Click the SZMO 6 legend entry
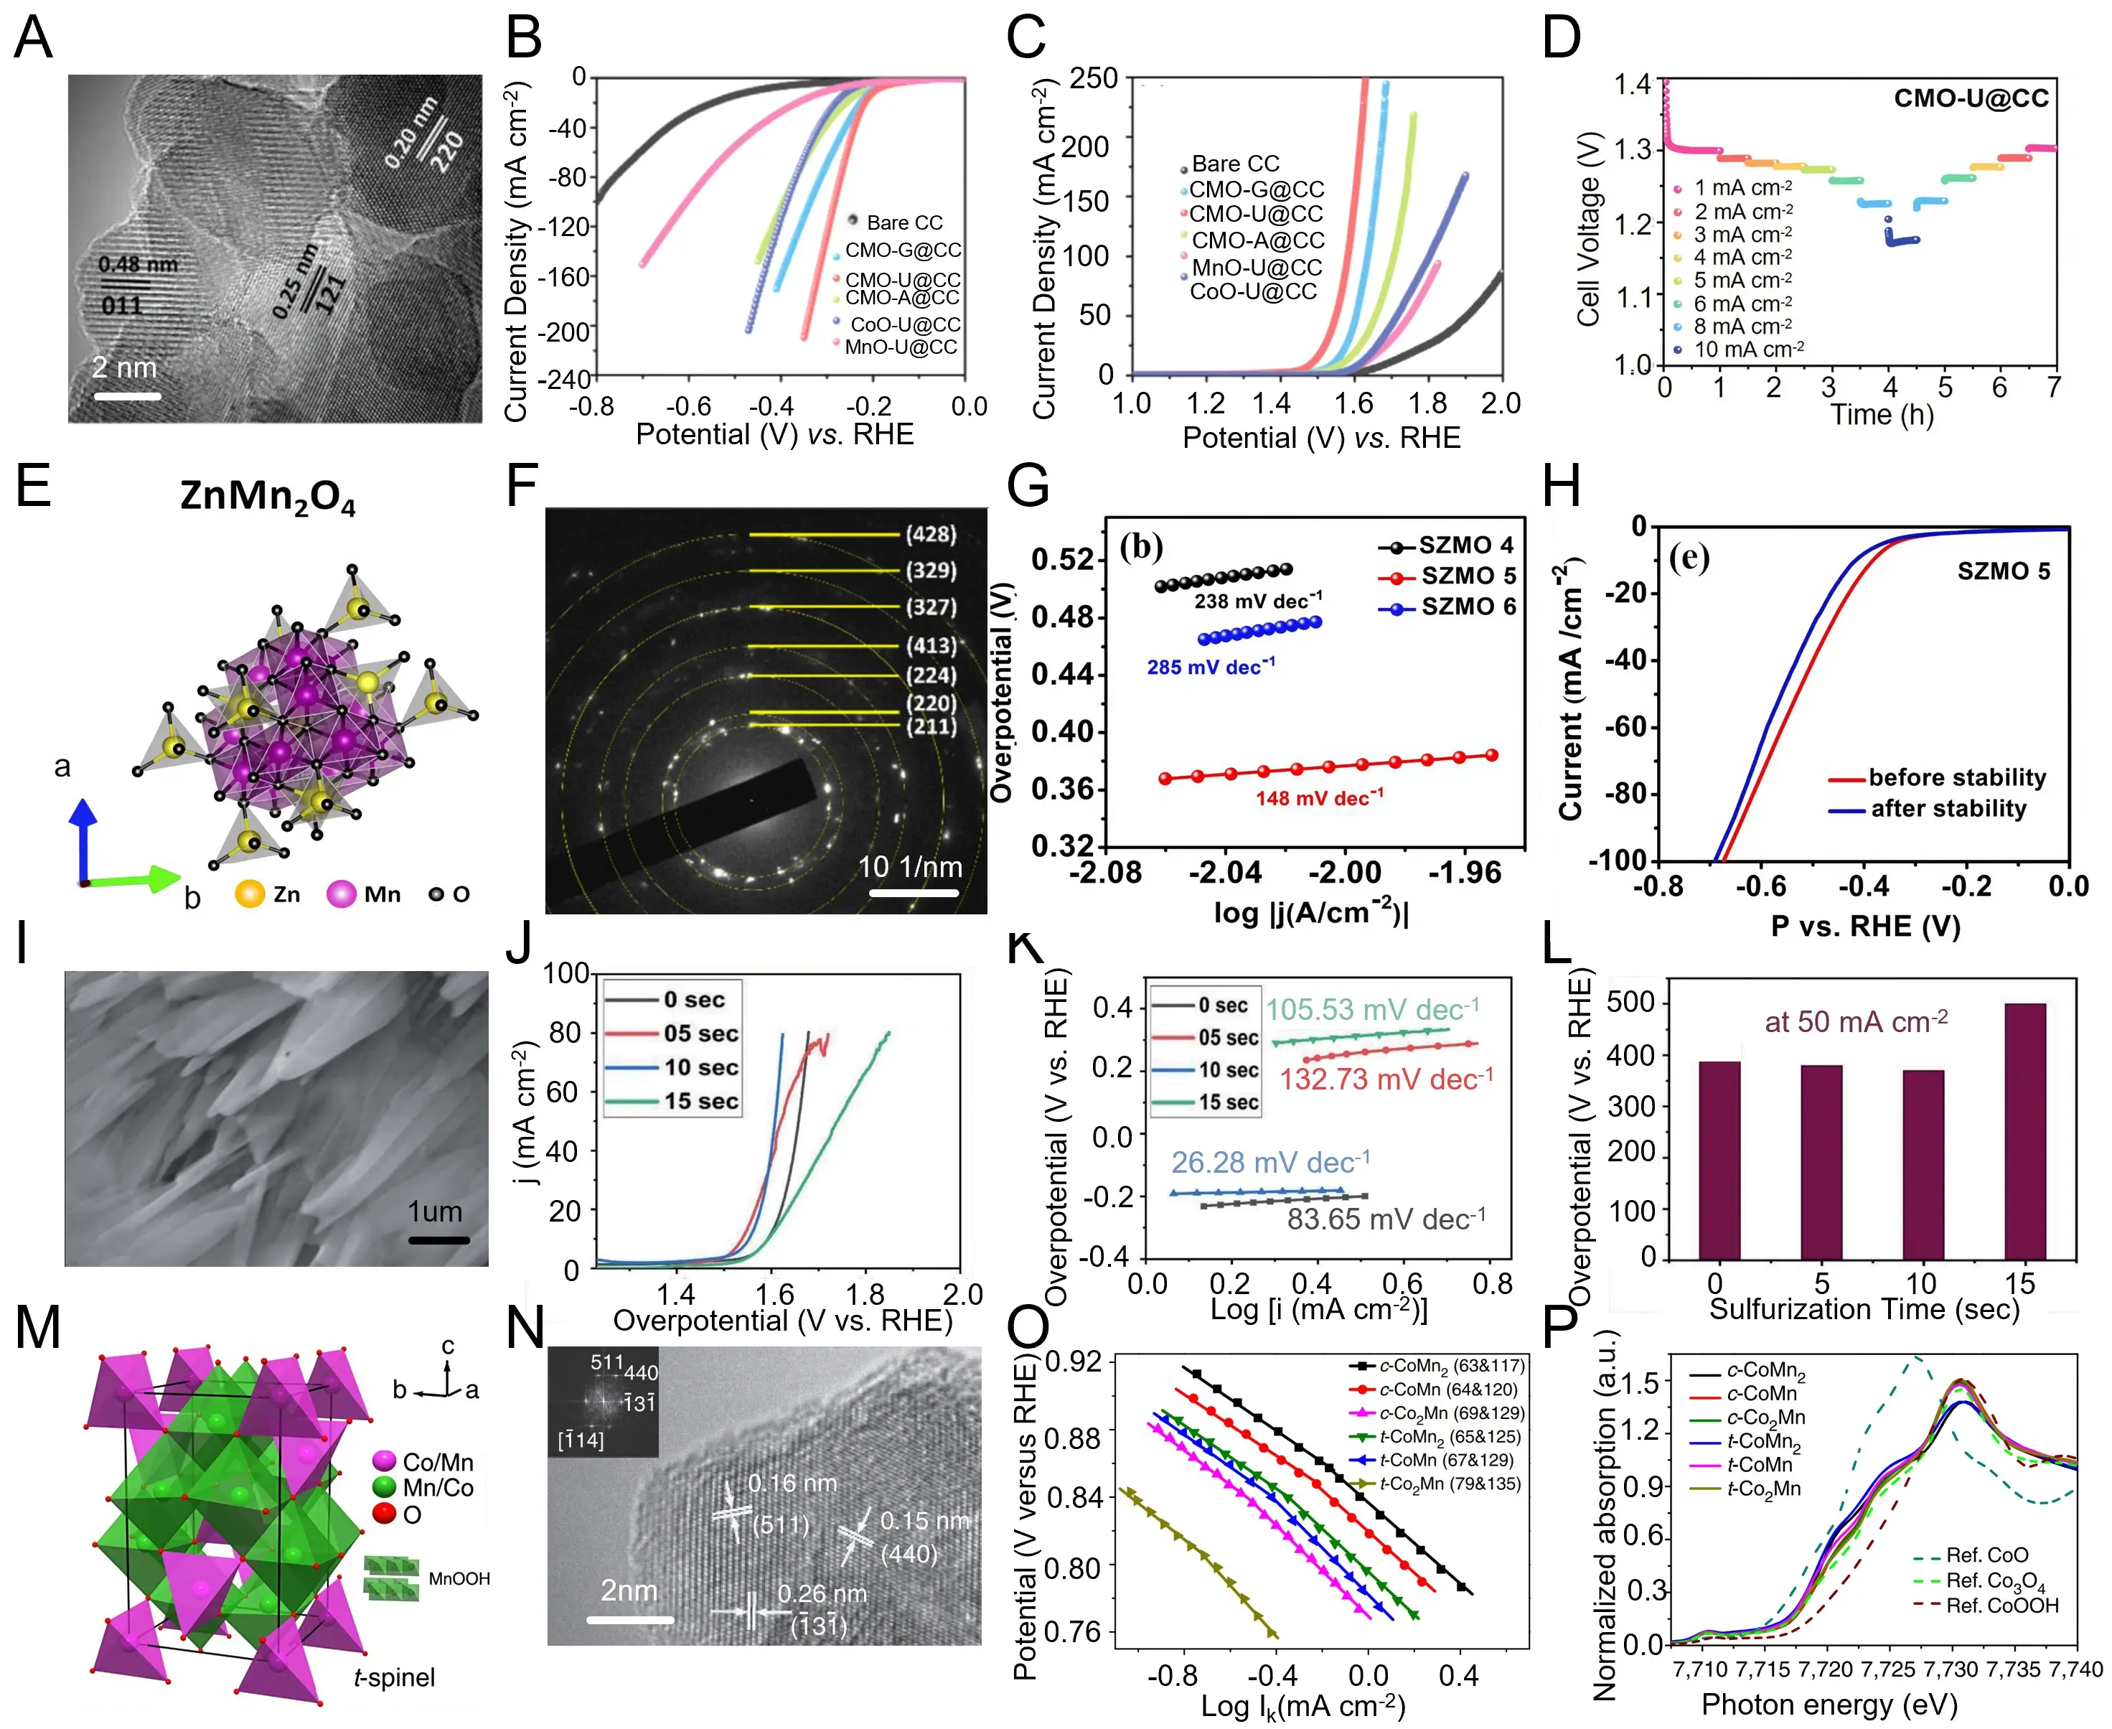[1448, 606]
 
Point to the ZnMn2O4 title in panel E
[267, 496]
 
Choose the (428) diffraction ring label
[930, 534]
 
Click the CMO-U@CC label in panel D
[1971, 98]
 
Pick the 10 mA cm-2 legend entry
[1747, 350]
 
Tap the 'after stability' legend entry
[1947, 809]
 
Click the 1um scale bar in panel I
[438, 1240]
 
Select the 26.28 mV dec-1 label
[1269, 1162]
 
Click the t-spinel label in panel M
[394, 1677]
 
